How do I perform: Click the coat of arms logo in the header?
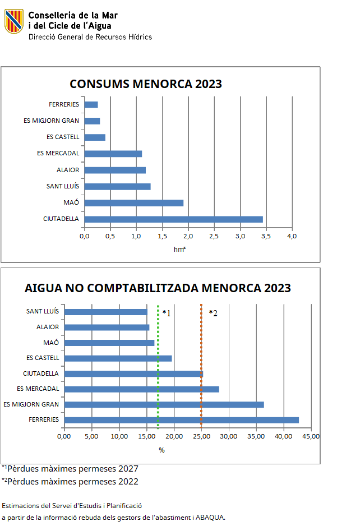tap(14, 21)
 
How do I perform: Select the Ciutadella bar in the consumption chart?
tap(173, 219)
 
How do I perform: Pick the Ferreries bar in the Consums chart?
tap(91, 104)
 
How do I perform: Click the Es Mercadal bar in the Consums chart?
tap(113, 154)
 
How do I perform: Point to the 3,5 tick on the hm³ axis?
tap(266, 236)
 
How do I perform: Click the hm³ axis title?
tap(179, 249)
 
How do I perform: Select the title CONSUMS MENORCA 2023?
tap(146, 84)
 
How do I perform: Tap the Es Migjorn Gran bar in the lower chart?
tap(164, 404)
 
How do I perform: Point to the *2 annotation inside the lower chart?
tap(213, 313)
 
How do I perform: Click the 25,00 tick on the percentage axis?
tap(201, 436)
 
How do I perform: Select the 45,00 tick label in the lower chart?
tap(311, 436)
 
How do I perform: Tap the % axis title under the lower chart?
tap(161, 450)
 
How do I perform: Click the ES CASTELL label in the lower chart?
tap(43, 358)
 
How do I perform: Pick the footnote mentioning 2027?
tap(70, 469)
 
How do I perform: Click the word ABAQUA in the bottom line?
tap(210, 518)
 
